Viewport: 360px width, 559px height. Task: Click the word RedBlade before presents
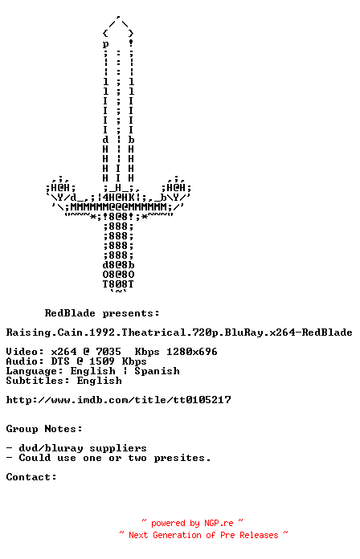70,313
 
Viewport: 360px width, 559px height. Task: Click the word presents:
131,314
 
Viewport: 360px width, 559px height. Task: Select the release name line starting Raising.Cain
179,333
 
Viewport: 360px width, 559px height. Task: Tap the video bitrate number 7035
108,352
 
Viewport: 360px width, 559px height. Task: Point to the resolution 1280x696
191,352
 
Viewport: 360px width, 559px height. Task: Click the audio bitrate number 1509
102,361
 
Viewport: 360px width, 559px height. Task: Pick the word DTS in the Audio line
60,361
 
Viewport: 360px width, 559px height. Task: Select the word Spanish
157,371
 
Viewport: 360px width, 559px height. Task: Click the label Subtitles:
38,381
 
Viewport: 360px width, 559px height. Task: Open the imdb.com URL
118,400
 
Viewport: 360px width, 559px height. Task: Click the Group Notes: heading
44,429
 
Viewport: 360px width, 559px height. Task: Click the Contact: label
31,476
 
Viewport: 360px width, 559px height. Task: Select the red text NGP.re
219,523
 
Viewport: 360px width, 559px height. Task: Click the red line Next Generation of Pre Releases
203,535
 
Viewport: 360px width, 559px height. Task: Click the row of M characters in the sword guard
118,207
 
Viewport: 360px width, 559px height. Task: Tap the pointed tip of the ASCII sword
118,16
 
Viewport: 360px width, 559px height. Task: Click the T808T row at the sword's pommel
118,284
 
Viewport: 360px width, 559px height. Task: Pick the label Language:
35,371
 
